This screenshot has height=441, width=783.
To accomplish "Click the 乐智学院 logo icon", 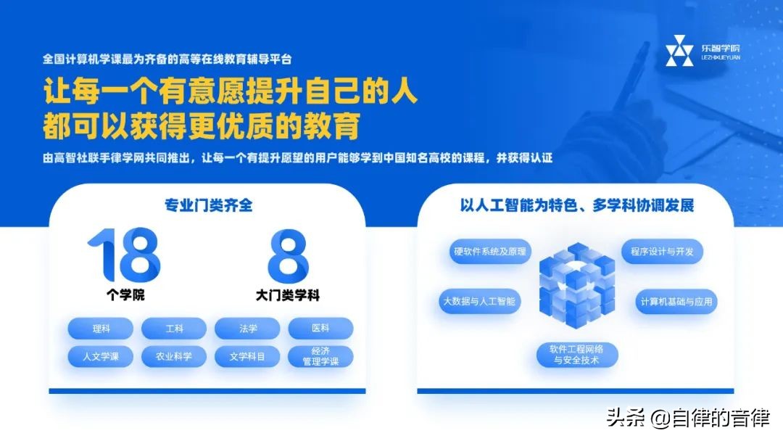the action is tap(679, 51).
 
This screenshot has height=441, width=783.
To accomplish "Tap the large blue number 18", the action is tap(124, 255).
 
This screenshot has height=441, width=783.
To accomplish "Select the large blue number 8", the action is tap(288, 255).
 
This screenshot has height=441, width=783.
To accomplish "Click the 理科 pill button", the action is tap(100, 328).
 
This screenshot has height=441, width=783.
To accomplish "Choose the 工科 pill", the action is tap(174, 328).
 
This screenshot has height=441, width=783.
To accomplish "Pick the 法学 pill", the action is tap(247, 328).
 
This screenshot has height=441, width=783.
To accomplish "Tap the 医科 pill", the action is tap(320, 328).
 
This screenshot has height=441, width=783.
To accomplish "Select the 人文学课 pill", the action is tap(100, 356).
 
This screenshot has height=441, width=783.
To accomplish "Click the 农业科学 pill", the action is tap(174, 356).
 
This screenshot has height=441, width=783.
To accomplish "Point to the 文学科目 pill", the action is tap(247, 356).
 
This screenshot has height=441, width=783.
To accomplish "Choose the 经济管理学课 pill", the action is tap(320, 356).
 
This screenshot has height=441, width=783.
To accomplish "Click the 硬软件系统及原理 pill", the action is tap(490, 251).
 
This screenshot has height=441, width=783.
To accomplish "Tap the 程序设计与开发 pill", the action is tap(662, 251).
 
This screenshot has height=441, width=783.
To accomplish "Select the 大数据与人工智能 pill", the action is tap(479, 301).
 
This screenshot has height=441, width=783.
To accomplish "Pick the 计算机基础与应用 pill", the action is tap(676, 301).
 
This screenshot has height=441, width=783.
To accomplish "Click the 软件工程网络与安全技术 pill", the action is tap(577, 354).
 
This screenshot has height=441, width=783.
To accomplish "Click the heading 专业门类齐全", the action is tap(208, 205).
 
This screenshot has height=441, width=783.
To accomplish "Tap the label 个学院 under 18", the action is tap(125, 294).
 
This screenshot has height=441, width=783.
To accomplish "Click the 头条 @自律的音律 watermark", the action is tap(688, 417).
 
